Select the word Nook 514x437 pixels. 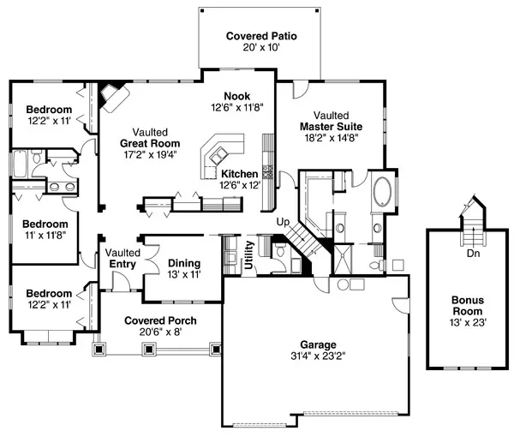237,96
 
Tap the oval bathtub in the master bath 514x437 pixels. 382,191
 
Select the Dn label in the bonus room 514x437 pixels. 473,254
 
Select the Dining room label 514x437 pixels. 183,263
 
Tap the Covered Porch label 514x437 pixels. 159,321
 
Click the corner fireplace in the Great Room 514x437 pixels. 110,95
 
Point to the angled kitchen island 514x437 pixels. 218,156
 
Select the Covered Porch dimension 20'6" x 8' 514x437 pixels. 159,333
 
